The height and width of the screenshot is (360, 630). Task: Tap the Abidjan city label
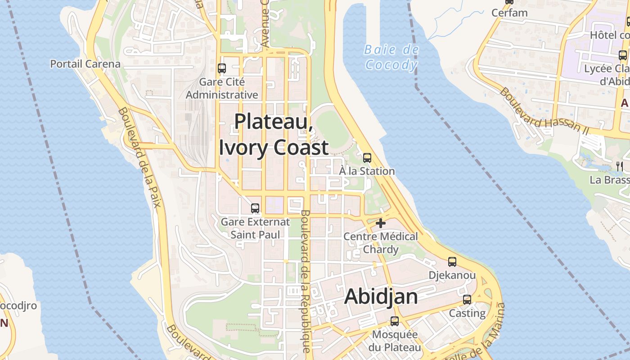point(381,297)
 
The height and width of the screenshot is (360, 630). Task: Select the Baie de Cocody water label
point(391,58)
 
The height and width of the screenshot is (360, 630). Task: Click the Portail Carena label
point(85,64)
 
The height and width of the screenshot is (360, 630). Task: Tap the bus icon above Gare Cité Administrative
point(222,68)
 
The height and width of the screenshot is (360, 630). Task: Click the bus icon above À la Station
point(367,157)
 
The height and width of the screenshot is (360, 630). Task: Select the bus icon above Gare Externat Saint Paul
point(255,208)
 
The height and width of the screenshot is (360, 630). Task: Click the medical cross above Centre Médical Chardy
point(381,223)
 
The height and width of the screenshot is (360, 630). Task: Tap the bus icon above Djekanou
point(452,261)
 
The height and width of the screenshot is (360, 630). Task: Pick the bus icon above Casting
point(467,299)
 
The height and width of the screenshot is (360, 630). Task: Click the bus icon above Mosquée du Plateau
point(395,321)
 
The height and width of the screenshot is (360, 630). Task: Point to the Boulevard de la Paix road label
point(139,157)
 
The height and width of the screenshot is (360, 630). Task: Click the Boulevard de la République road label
point(304,281)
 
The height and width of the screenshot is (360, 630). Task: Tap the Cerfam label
point(509,13)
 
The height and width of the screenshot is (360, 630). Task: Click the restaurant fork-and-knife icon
point(619,166)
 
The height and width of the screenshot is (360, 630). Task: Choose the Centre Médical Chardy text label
point(381,243)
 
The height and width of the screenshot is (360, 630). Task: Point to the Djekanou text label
point(452,275)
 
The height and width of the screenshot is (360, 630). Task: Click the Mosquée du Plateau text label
point(395,341)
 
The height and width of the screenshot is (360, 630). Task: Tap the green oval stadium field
point(332,128)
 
